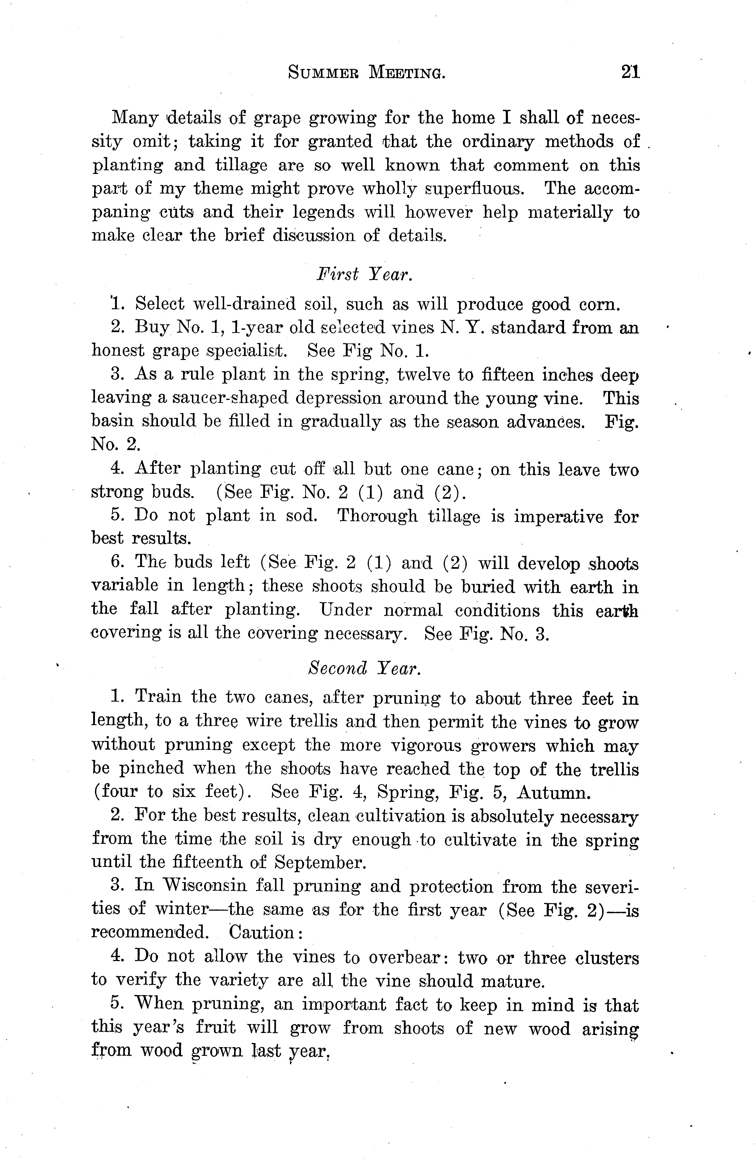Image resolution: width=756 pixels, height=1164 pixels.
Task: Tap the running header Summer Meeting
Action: [x=367, y=73]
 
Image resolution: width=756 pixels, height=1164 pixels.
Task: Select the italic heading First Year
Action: [x=365, y=274]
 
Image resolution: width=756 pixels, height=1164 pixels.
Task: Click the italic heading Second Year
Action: [x=365, y=668]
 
